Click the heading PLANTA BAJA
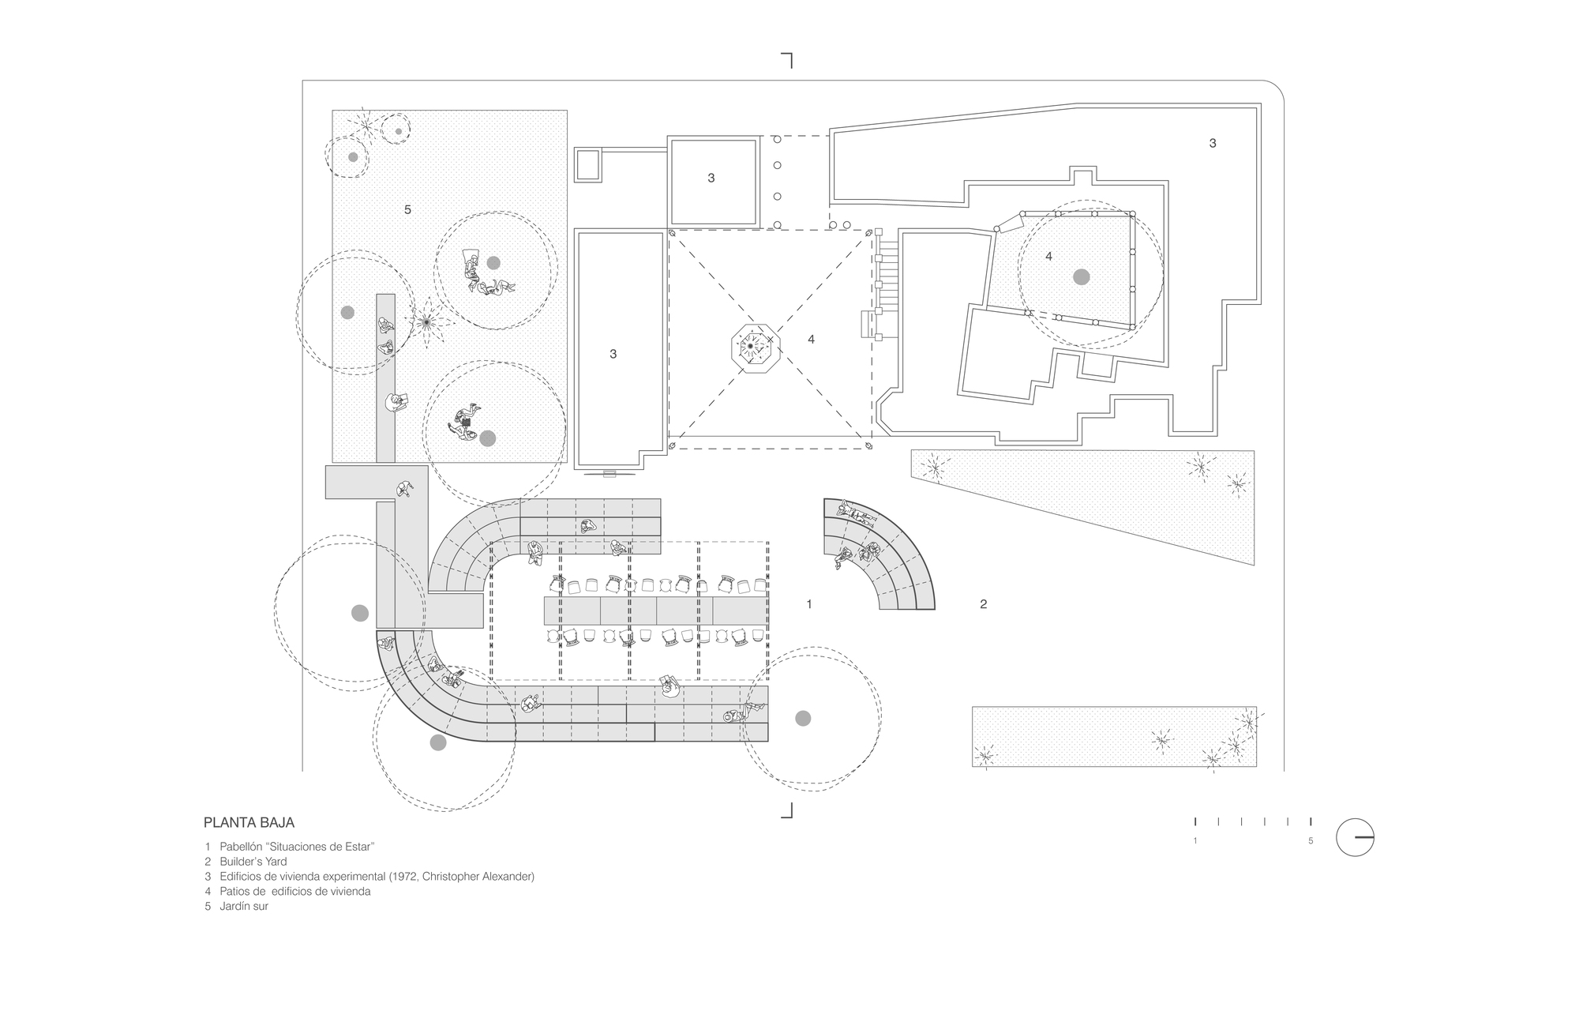click(x=249, y=822)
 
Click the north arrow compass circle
click(x=1355, y=836)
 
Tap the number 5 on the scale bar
click(x=1311, y=841)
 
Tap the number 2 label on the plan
click(x=983, y=604)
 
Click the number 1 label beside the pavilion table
click(x=808, y=604)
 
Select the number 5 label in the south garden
click(x=407, y=209)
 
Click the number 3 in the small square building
click(x=711, y=178)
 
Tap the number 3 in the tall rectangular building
click(x=613, y=354)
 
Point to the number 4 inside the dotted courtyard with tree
click(x=1048, y=257)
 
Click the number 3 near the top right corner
click(x=1213, y=143)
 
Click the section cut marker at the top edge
click(x=787, y=59)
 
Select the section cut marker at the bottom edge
click(x=787, y=811)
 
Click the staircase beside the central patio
click(x=888, y=284)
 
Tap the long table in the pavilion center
click(x=655, y=611)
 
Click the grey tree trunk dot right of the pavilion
click(x=802, y=718)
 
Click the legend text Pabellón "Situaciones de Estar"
click(x=296, y=847)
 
